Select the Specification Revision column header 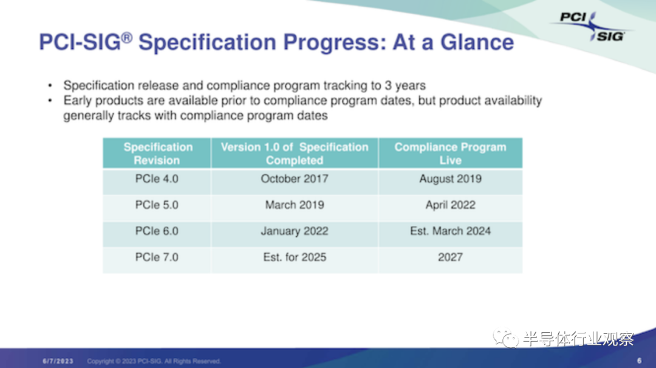(158, 154)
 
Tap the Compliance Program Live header (450, 154)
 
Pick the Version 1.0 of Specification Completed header (295, 154)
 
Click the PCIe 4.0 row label (157, 179)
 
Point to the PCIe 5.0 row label (157, 205)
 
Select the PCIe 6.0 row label (157, 231)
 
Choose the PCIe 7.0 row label (157, 257)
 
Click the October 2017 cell (295, 179)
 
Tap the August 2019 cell (450, 179)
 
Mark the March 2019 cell (295, 205)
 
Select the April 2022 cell (450, 205)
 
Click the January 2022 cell (295, 231)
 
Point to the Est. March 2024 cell (450, 231)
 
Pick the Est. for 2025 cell (295, 257)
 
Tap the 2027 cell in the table (450, 257)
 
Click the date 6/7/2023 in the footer (58, 361)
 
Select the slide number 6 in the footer (639, 361)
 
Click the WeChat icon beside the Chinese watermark (505, 338)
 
